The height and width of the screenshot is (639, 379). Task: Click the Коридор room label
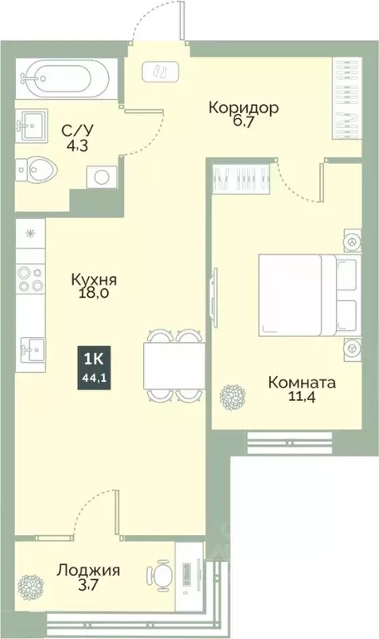[x=243, y=107]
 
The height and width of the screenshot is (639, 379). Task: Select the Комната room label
[x=302, y=383]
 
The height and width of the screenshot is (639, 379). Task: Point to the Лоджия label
[x=88, y=571]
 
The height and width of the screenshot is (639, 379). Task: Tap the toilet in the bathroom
[x=38, y=172]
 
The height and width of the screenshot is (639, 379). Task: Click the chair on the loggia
[x=160, y=575]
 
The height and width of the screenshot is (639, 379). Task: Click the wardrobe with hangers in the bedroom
[x=241, y=176]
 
